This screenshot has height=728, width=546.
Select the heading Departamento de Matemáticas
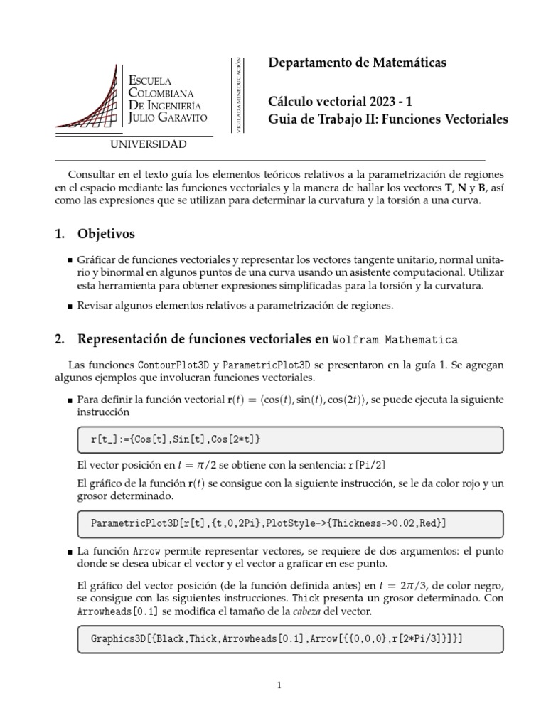[x=357, y=63]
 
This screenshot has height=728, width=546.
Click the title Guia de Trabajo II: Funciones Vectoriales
[x=388, y=120]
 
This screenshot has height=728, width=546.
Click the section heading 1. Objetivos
[x=95, y=234]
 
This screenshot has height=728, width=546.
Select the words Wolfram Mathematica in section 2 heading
[x=396, y=339]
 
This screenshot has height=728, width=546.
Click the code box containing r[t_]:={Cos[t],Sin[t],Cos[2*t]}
[x=289, y=440]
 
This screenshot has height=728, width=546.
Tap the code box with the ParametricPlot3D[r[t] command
[x=289, y=523]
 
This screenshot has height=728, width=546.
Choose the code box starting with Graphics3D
[x=289, y=638]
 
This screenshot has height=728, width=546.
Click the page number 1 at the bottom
[x=279, y=686]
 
